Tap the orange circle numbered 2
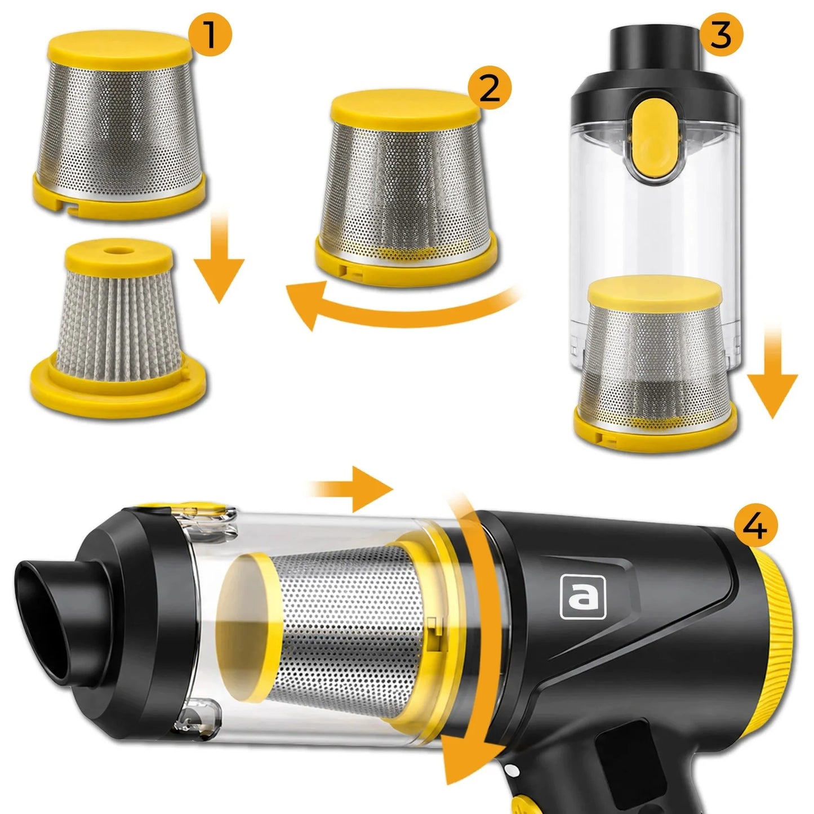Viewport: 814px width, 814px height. pos(490,88)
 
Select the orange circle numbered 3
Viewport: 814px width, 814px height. pos(721,34)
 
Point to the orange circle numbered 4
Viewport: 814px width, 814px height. pos(756,526)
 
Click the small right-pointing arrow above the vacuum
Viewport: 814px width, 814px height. pos(350,490)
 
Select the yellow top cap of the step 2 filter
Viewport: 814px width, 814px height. pos(406,109)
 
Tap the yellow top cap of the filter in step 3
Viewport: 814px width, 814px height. pos(655,292)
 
